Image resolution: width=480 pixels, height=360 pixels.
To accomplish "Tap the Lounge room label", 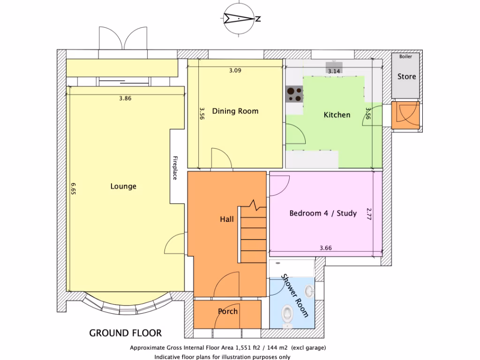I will coord(123,186).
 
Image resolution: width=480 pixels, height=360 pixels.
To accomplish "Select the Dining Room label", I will coord(235,111).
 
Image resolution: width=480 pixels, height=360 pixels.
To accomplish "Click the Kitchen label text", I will coord(337,114).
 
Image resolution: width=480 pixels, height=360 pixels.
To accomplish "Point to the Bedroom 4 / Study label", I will coord(323,213).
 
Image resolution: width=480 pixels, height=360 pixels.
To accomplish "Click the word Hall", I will coord(227,219).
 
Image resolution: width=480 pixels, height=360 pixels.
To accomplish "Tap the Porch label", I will coord(228,311).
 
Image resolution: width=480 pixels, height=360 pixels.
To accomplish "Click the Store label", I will coord(406,76).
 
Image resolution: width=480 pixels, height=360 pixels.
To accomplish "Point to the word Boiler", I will coord(406,56).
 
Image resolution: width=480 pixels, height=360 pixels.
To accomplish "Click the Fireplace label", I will coord(175,167).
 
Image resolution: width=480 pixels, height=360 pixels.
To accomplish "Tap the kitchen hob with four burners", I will coord(294,95).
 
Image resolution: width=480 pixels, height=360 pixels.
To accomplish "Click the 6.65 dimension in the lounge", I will coord(73,188).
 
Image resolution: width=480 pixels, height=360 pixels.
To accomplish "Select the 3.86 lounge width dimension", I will coord(125,98).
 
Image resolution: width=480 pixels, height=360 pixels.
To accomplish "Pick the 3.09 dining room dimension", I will coord(235,71).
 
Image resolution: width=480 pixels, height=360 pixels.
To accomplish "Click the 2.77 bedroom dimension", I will coord(368,214).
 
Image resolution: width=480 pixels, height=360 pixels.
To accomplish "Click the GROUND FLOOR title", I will coord(126,333).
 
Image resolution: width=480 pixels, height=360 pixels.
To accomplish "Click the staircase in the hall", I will coord(253,234).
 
